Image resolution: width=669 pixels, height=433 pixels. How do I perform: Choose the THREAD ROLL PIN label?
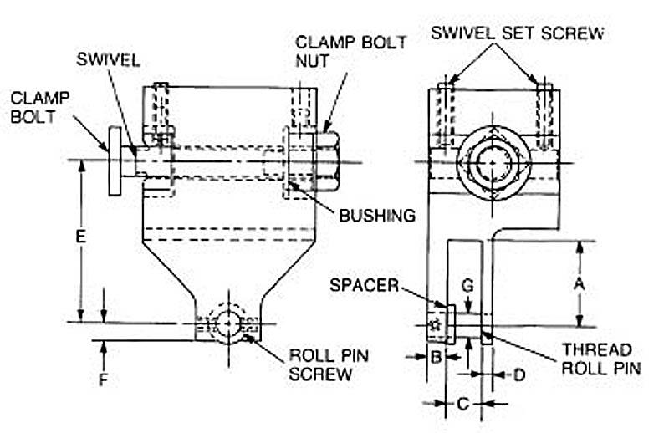click(596, 359)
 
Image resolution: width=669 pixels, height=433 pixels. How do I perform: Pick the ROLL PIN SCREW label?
click(329, 364)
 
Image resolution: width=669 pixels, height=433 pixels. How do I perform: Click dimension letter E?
click(80, 237)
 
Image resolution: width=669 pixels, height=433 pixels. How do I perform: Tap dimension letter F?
click(103, 380)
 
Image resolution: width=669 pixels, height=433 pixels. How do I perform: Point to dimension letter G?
click(468, 285)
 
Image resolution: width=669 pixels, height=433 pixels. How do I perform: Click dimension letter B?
click(436, 356)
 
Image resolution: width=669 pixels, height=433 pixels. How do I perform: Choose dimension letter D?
click(518, 375)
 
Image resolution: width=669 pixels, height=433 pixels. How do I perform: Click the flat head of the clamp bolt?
click(114, 160)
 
